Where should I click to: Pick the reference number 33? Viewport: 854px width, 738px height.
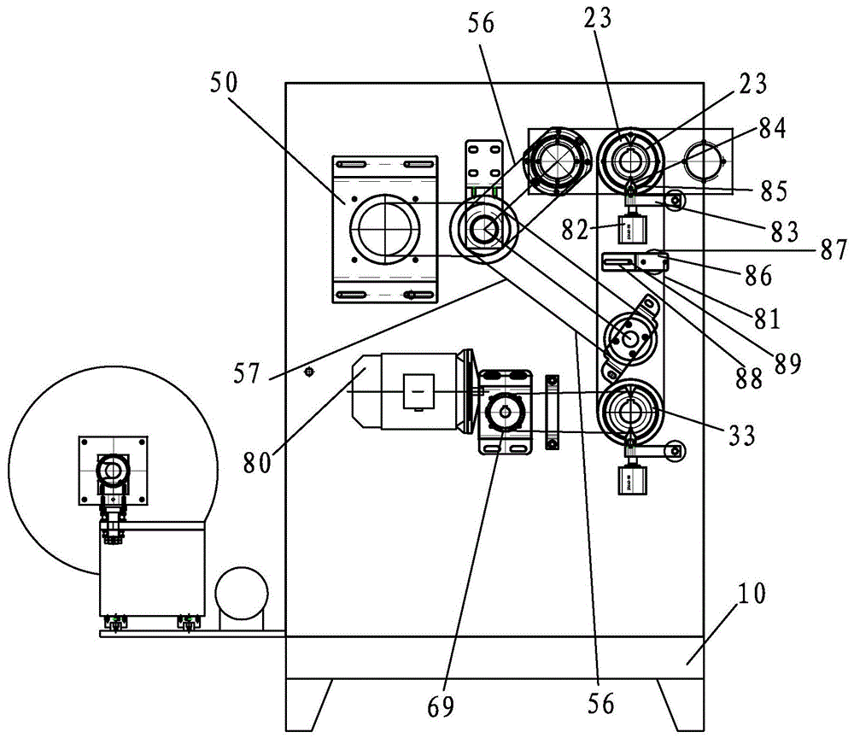[x=742, y=436]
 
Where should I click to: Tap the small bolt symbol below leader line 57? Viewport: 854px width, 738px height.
[x=310, y=372]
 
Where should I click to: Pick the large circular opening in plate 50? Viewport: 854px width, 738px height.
[x=383, y=226]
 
